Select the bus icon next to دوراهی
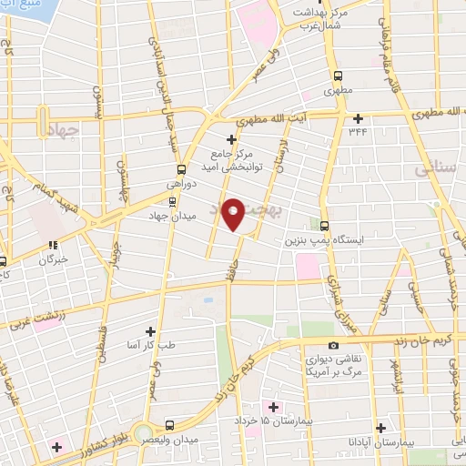click(180, 168)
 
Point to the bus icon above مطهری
click(338, 76)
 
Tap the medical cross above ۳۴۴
click(359, 118)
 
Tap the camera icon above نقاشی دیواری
click(334, 345)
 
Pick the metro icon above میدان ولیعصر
click(169, 425)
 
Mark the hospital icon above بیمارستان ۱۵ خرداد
click(269, 405)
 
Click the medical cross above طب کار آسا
click(151, 332)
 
